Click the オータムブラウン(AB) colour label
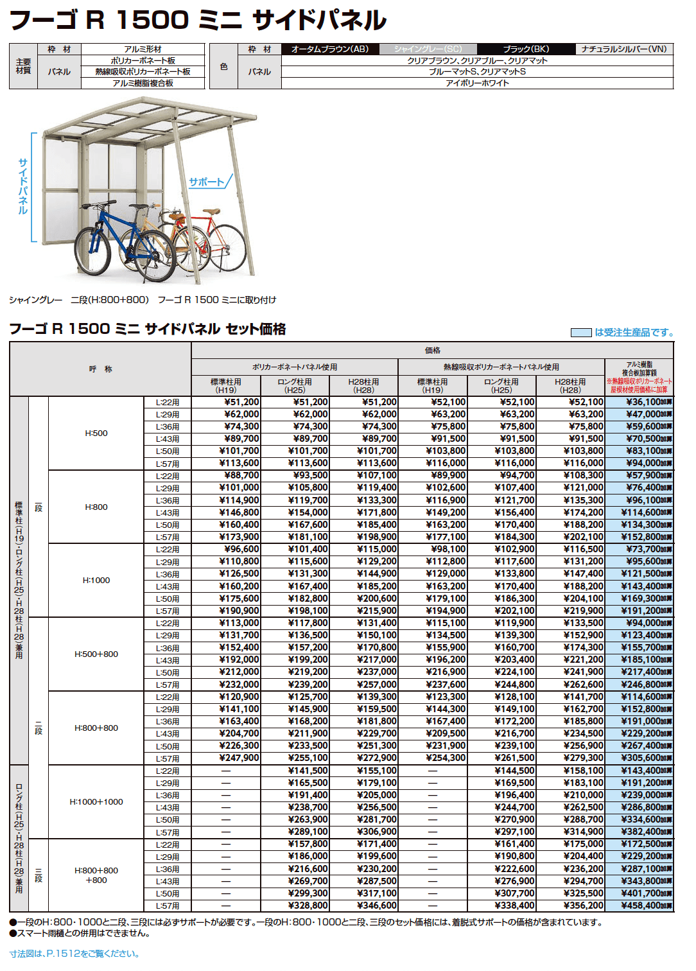pyautogui.click(x=330, y=49)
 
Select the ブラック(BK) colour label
pyautogui.click(x=526, y=49)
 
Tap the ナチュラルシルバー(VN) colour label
pyautogui.click(x=624, y=49)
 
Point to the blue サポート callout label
pyautogui.click(x=206, y=182)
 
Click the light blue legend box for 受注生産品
pyautogui.click(x=581, y=333)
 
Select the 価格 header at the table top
pyautogui.click(x=432, y=351)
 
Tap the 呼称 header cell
pyautogui.click(x=100, y=369)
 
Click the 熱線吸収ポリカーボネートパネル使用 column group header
pyautogui.click(x=501, y=367)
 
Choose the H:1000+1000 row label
pyautogui.click(x=96, y=801)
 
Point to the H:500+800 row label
pyautogui.click(x=96, y=654)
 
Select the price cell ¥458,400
pyautogui.click(x=642, y=905)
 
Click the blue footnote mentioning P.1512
pyautogui.click(x=74, y=954)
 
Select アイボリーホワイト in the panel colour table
pyautogui.click(x=477, y=83)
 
